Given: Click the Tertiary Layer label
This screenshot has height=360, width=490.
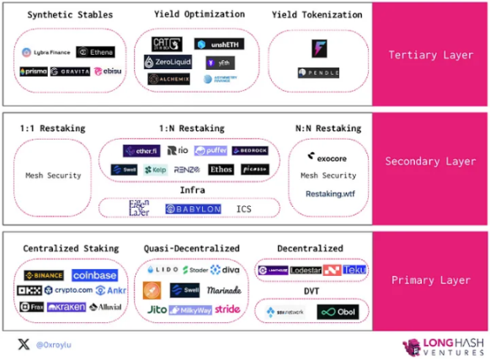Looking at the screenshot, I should (431, 55).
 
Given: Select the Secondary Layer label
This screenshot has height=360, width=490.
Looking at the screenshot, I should (431, 161).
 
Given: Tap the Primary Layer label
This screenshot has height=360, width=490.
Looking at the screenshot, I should (431, 281).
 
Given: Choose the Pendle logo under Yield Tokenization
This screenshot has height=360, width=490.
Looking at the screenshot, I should (318, 73).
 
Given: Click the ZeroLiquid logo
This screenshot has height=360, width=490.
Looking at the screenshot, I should (167, 62).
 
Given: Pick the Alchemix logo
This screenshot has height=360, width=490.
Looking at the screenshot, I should (168, 79).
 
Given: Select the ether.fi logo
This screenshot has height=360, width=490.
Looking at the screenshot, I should (141, 151).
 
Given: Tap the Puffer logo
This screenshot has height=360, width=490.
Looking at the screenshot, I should (210, 151).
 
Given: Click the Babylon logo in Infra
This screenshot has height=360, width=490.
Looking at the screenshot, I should (193, 208).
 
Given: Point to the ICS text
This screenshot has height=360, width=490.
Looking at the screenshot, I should (244, 208).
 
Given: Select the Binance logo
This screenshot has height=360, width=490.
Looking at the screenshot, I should (43, 275).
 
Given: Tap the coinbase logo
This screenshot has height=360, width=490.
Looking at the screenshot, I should (93, 275).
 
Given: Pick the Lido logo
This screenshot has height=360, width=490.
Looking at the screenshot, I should (160, 270).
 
